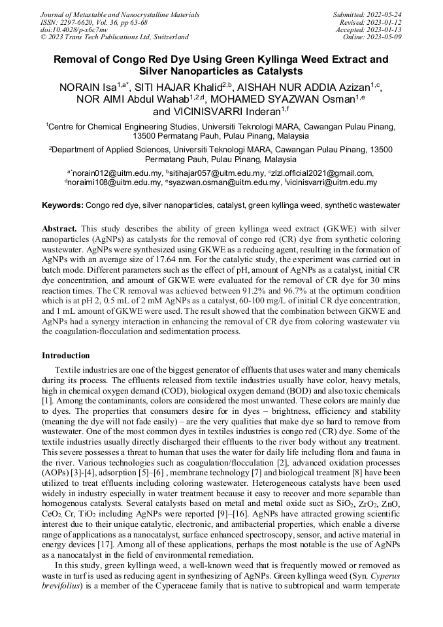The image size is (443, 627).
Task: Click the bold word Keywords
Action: tap(62, 205)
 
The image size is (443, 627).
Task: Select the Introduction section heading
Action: tap(65, 356)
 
